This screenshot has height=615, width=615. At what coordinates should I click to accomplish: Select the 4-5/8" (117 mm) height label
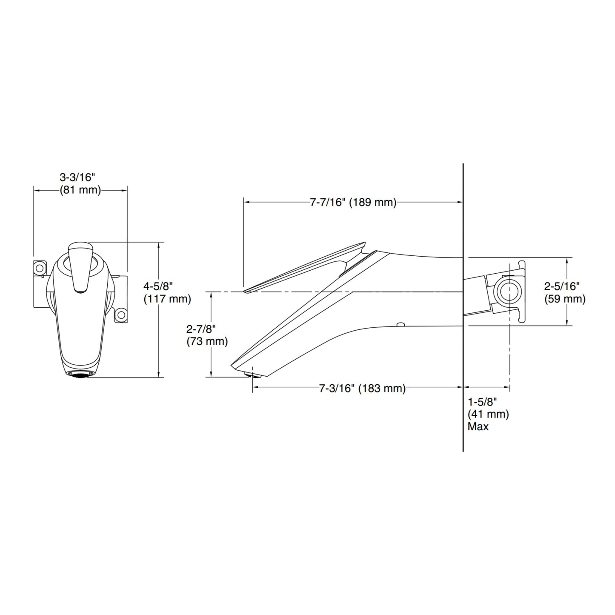click(x=167, y=292)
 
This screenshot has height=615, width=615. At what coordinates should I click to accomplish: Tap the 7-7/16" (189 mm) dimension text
click(x=353, y=202)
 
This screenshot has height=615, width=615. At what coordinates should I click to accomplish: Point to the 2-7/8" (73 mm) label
click(x=207, y=335)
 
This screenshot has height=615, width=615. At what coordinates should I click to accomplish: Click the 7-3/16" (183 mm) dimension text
click(x=362, y=388)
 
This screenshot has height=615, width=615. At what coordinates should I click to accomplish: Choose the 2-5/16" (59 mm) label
click(x=565, y=292)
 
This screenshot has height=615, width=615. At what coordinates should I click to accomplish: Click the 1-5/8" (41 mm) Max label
click(x=488, y=414)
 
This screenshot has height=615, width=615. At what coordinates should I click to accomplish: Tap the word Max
click(x=478, y=426)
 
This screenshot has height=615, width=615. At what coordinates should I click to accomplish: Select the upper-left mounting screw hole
click(x=40, y=268)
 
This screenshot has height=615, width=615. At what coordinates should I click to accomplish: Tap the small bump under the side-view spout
click(x=400, y=325)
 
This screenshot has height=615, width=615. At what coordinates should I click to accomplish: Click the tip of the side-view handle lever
click(x=245, y=291)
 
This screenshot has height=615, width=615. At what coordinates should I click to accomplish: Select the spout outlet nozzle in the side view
click(x=252, y=375)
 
